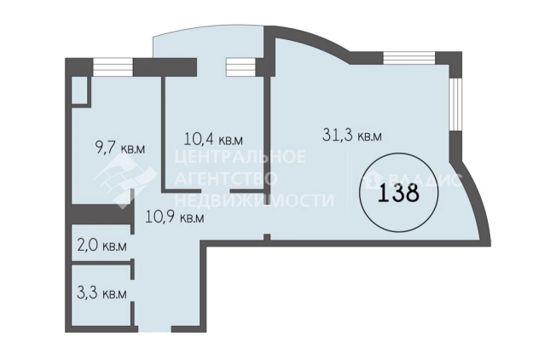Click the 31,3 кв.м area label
tap(352, 135)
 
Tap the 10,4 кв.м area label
tap(213, 139)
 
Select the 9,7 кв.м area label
tap(120, 148)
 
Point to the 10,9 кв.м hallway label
tap(175, 217)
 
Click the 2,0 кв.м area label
tap(101, 246)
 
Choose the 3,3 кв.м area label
tap(101, 293)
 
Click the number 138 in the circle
tap(398, 194)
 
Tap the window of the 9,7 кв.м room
tap(113, 67)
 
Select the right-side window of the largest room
tap(455, 104)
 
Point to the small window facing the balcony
tap(241, 67)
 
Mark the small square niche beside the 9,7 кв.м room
tap(80, 90)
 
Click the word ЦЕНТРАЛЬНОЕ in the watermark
tap(240, 156)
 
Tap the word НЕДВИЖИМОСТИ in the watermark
tap(255, 200)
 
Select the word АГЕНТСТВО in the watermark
tap(226, 178)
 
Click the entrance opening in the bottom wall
tap(154, 329)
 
